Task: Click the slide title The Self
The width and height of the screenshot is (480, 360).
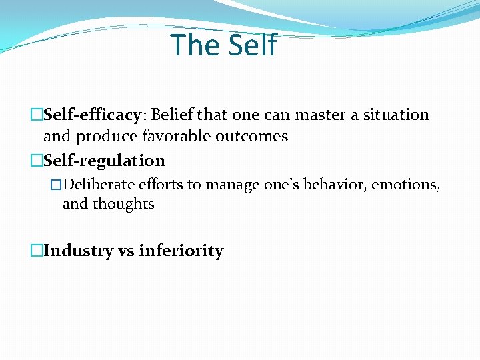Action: (223, 45)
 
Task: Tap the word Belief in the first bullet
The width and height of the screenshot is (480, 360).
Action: (172, 115)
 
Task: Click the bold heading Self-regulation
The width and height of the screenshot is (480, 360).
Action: (104, 161)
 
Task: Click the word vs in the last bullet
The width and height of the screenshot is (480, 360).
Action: (125, 251)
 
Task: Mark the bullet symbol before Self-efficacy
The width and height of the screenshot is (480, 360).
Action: (37, 115)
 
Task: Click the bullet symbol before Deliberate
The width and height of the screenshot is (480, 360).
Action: (56, 185)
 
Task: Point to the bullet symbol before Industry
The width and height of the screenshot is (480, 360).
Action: (37, 251)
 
